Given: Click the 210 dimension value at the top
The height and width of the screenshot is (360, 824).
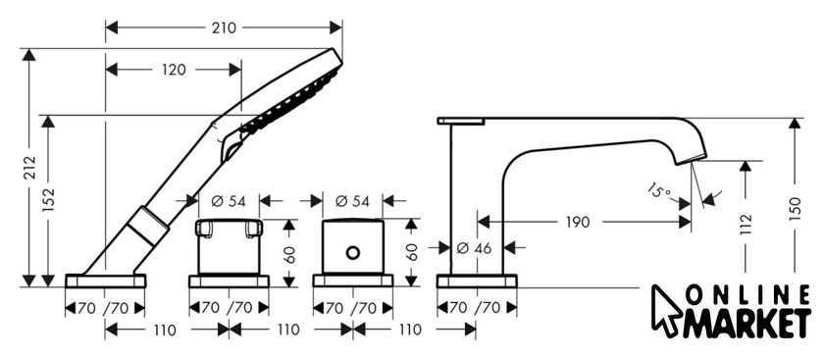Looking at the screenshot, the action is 224,27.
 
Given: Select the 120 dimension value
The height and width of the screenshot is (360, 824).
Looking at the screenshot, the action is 174,70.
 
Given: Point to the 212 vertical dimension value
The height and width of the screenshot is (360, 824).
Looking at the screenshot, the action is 30,167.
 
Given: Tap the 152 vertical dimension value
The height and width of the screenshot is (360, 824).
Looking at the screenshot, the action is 48,200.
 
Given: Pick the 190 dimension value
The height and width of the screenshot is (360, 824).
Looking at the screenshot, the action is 578,223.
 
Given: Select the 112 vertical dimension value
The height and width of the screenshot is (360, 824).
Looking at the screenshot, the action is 746,224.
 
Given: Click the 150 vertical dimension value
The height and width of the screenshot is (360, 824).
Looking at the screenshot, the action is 795,209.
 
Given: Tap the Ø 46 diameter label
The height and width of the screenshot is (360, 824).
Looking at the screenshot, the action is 474,247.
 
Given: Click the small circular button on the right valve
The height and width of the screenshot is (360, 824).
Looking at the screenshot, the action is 353,253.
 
